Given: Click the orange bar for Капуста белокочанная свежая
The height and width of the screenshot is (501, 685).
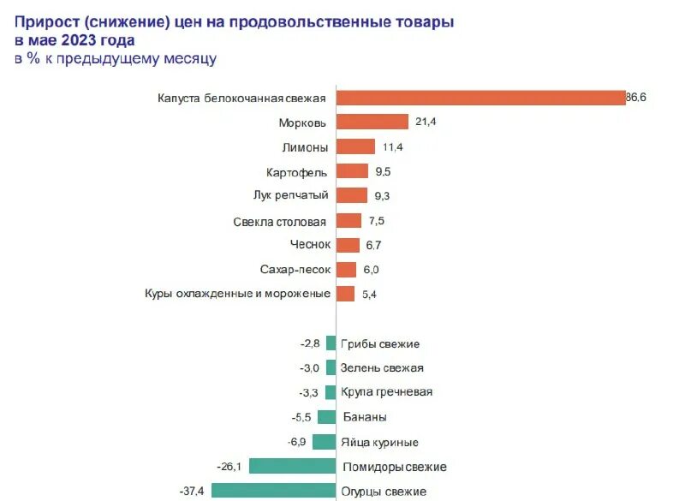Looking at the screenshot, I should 480,98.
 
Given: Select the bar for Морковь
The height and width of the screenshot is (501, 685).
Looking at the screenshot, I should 372,122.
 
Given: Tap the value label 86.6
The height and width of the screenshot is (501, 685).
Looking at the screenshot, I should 635,98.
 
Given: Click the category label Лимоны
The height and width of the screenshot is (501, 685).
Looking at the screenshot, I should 306,146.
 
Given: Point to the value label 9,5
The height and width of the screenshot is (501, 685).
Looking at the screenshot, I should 383,171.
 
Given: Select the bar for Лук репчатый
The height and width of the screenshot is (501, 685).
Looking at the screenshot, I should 351,195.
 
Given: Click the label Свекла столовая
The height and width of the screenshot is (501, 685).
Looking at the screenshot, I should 279,221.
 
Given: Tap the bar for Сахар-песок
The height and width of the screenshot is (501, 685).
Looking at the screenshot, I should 346,270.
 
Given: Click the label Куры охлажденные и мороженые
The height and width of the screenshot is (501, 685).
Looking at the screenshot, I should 238,294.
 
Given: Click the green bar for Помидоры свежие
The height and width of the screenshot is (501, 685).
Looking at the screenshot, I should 292,466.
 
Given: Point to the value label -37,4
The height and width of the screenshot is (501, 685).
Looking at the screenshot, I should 193,491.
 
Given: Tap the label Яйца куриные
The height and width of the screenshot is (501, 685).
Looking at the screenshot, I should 379,442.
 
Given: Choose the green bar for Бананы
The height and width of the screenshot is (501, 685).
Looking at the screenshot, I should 326,417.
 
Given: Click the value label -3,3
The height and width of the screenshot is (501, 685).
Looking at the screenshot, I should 309,392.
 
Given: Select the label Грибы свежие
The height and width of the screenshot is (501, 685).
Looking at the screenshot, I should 380,343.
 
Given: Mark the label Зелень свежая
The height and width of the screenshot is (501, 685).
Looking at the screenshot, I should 382,368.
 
